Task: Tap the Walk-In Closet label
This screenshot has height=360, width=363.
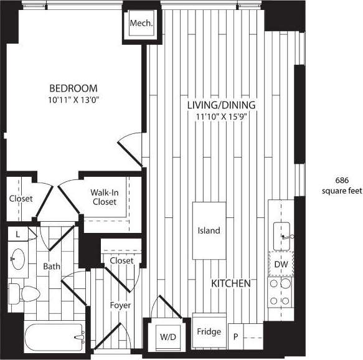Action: pos(103,197)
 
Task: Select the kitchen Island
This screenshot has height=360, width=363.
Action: pos(209,230)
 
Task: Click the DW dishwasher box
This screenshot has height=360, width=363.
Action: pos(281,264)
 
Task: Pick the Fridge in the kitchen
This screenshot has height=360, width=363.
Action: pos(209,332)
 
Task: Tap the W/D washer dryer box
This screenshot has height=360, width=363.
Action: pos(167,337)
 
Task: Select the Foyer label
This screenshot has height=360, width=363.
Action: pos(120,305)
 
